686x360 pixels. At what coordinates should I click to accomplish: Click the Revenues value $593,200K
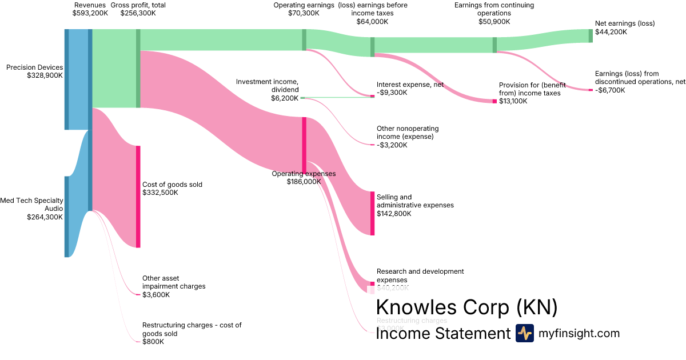point(90,13)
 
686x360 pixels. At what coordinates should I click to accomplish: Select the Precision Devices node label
point(34,67)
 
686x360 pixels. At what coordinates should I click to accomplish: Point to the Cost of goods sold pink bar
point(138,197)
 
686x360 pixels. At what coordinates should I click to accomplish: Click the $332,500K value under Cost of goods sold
point(160,193)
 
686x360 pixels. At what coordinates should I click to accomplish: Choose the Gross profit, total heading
point(138,5)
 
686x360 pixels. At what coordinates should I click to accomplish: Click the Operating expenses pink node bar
point(304,143)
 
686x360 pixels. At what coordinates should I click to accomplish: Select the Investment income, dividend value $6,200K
point(285,98)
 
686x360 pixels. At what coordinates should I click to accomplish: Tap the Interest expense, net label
point(410,85)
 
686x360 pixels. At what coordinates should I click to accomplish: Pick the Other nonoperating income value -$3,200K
point(392,145)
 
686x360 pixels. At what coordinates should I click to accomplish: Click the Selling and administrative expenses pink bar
point(372,213)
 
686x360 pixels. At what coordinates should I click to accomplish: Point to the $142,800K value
point(394,214)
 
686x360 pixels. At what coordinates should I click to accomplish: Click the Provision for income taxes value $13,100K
point(513,101)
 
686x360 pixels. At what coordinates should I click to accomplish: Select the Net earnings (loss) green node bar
point(591,35)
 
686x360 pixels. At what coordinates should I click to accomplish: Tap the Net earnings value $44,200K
point(611,32)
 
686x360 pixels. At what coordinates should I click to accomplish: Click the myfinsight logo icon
point(524,333)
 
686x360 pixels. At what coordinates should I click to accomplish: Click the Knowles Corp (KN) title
point(466,307)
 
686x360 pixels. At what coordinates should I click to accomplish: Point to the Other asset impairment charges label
point(174,282)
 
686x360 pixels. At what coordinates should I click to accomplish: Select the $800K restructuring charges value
point(153,342)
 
